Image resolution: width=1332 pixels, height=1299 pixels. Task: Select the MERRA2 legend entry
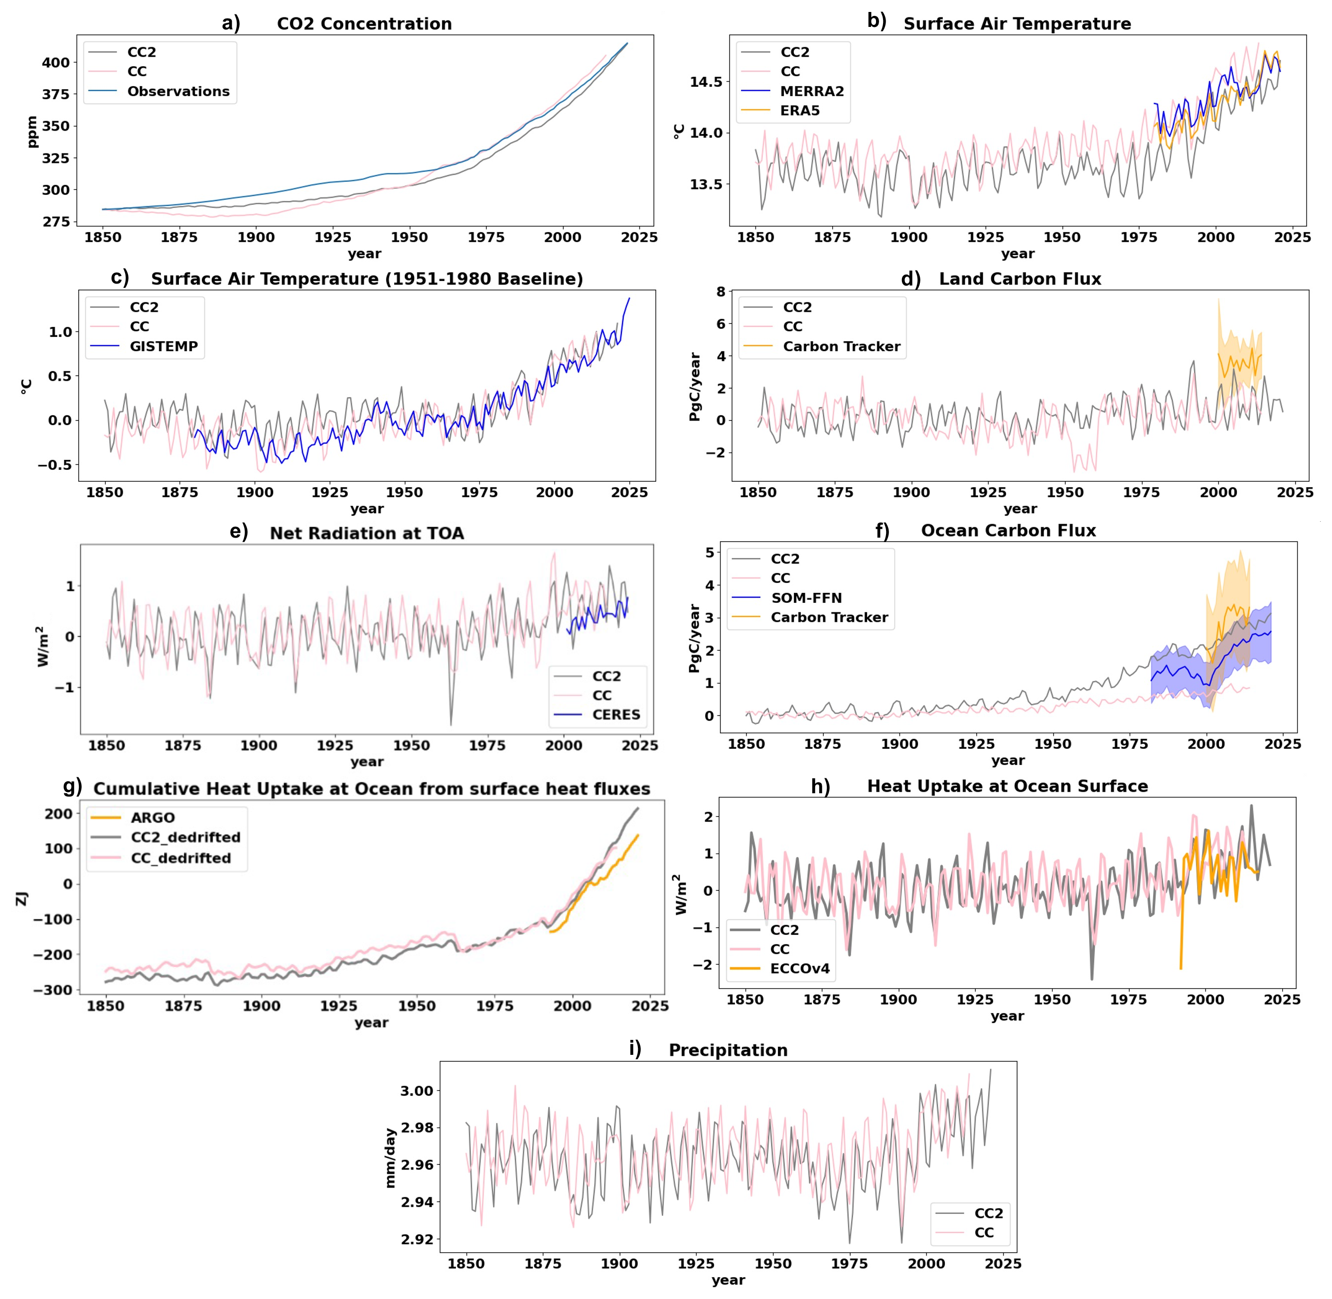793,91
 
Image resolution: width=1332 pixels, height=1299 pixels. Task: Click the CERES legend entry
598,715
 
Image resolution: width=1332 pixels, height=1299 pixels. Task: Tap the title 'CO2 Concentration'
364,24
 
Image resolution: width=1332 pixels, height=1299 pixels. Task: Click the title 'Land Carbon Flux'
1020,279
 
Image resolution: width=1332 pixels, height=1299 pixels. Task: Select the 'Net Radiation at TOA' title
367,534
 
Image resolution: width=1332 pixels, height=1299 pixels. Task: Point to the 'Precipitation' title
728,1050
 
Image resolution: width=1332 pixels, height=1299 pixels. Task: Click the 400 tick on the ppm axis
56,63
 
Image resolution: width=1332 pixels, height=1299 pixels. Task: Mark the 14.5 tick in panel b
706,82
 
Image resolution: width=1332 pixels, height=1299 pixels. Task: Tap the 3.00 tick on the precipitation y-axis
416,1091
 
